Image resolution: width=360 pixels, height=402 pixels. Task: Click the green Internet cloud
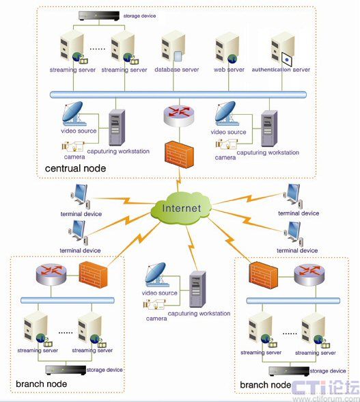[181, 208]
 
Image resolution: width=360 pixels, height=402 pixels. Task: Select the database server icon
[174, 47]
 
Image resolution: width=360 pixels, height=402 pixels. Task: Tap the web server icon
[227, 48]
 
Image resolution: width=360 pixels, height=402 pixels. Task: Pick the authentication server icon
[283, 48]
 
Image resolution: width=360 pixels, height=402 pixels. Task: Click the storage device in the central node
[99, 16]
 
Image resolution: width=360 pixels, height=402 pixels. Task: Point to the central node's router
[179, 116]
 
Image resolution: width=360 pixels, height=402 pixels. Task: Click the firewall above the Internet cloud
[179, 155]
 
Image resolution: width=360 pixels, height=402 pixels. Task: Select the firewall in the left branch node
[94, 275]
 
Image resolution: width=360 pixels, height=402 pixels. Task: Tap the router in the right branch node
[309, 275]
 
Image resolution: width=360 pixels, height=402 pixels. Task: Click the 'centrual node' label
[75, 168]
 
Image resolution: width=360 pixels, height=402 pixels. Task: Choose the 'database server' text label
[176, 70]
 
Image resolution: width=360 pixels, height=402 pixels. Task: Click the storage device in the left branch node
[66, 371]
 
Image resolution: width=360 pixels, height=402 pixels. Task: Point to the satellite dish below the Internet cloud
[156, 275]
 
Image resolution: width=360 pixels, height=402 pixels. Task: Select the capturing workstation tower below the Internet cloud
[197, 289]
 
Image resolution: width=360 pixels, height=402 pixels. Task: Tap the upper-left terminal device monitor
[80, 195]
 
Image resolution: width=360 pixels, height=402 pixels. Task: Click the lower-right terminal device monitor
[294, 232]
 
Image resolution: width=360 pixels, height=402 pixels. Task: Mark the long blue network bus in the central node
[178, 94]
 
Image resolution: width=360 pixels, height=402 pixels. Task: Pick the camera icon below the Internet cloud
[154, 305]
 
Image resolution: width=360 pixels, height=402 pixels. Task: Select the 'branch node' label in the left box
[41, 384]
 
